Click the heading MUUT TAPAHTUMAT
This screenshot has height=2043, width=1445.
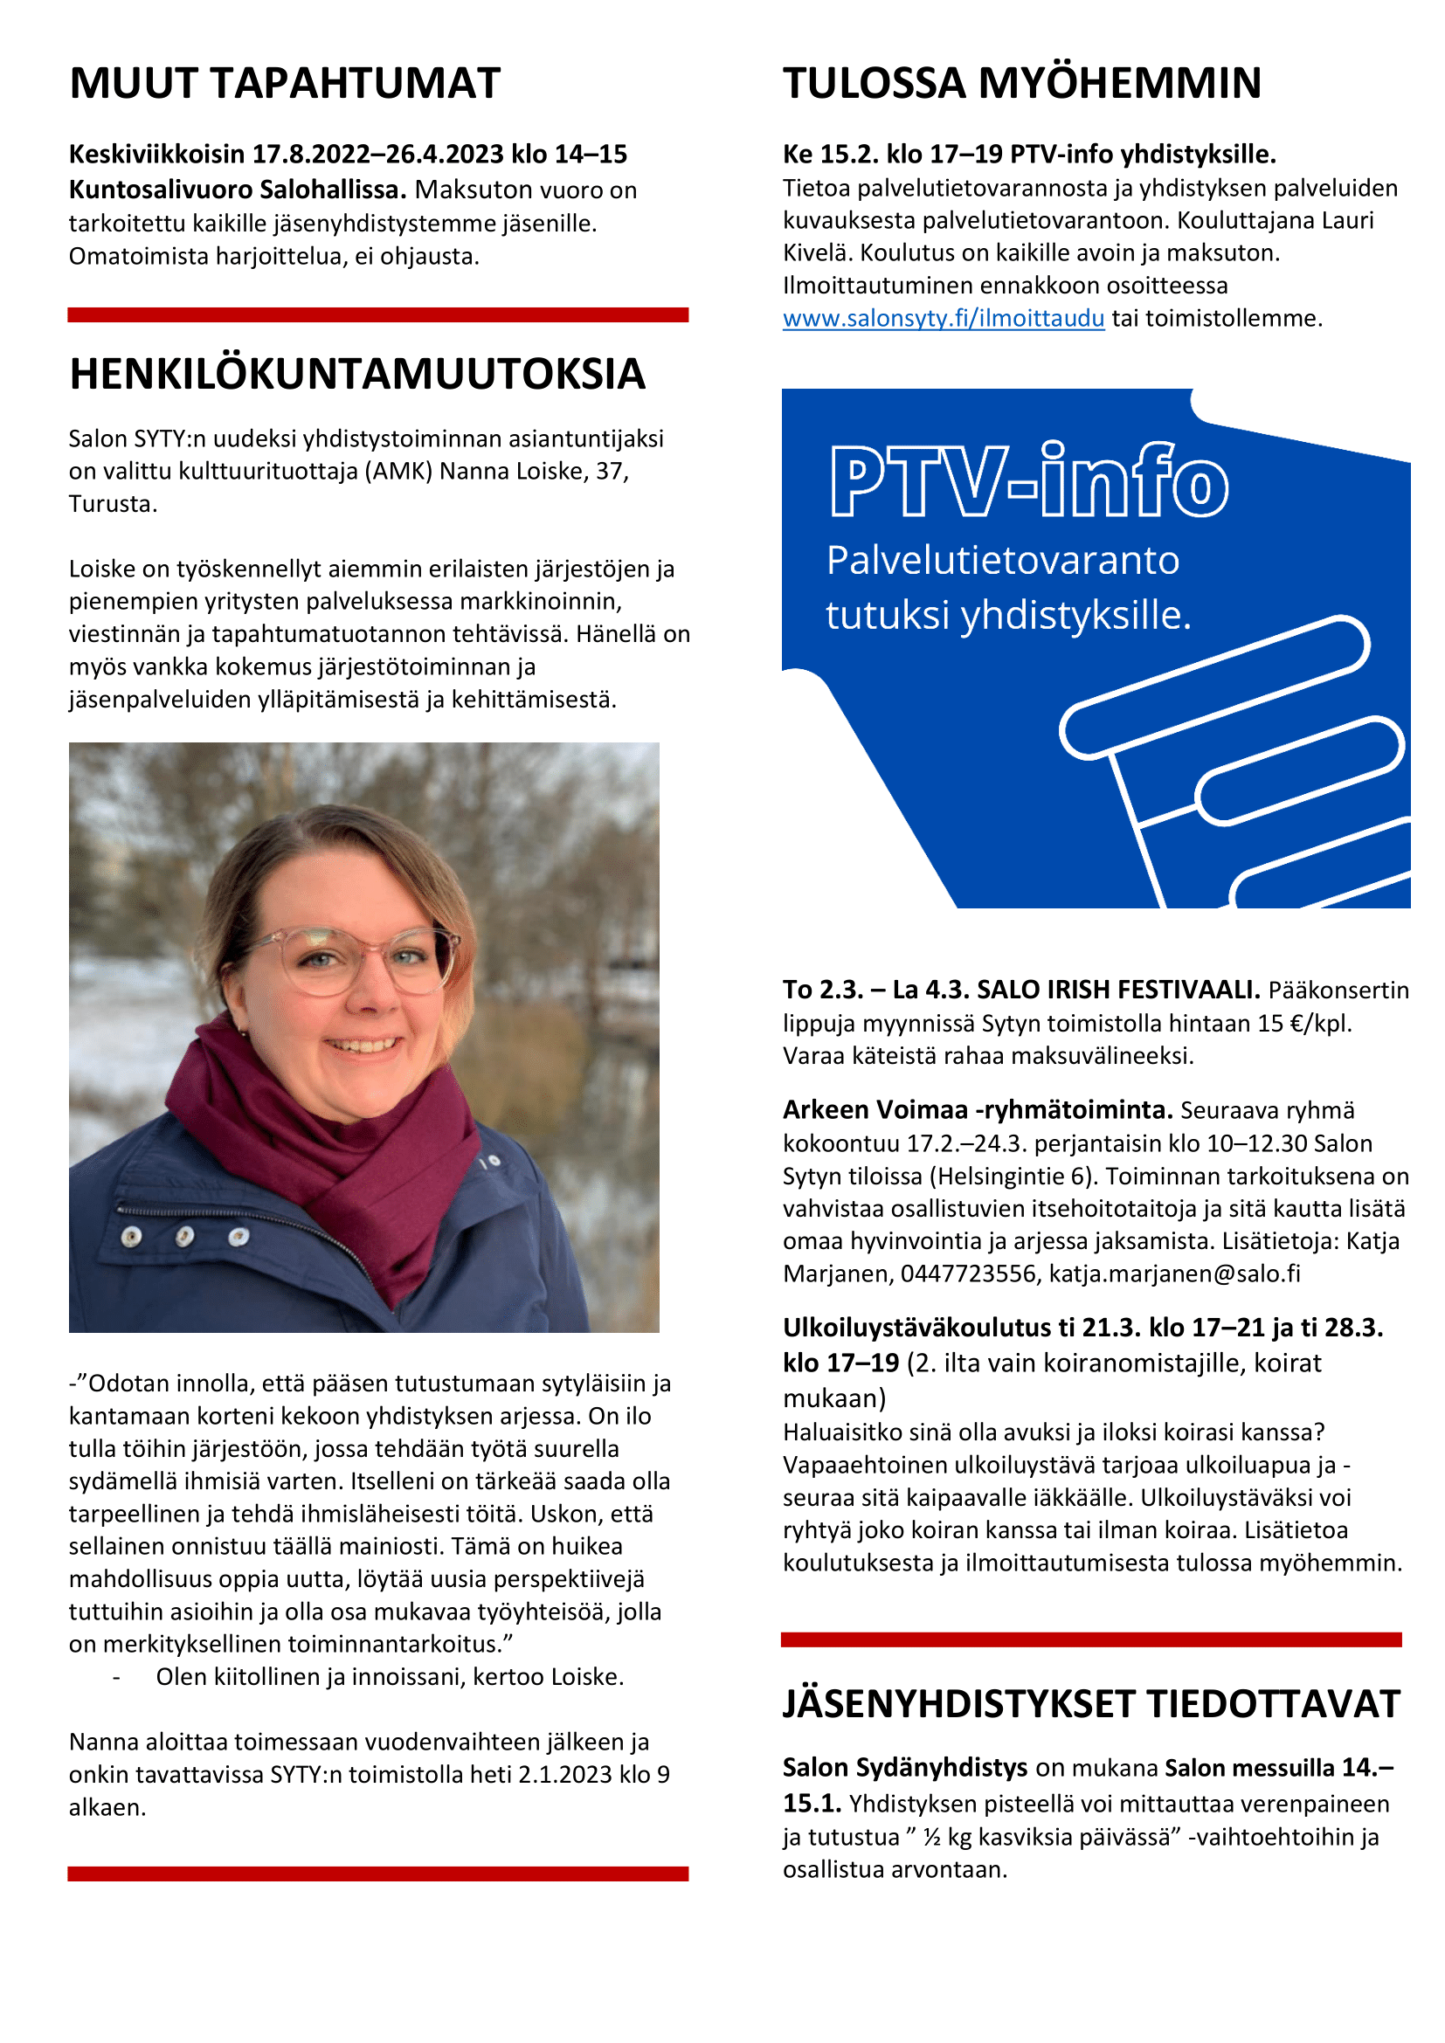[285, 84]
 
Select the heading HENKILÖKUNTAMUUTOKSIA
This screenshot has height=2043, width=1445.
[356, 375]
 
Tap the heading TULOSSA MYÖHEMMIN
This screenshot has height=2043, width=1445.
[1021, 84]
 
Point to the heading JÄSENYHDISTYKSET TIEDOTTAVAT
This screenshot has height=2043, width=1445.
[1091, 1704]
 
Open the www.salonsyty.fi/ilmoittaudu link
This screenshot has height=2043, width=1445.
[944, 319]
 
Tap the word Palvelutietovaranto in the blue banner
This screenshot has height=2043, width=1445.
[1002, 561]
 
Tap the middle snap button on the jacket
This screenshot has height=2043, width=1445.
[185, 1236]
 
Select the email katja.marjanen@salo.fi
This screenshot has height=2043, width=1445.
[1174, 1274]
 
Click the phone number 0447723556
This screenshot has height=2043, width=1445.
[968, 1274]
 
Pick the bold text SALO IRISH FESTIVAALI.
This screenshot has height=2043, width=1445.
[1117, 990]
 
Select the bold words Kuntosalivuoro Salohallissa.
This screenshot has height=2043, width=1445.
[238, 190]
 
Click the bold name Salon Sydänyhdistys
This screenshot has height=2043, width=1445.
[904, 1768]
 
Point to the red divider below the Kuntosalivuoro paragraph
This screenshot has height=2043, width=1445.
[378, 315]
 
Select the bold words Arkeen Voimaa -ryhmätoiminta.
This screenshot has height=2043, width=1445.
[977, 1110]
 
